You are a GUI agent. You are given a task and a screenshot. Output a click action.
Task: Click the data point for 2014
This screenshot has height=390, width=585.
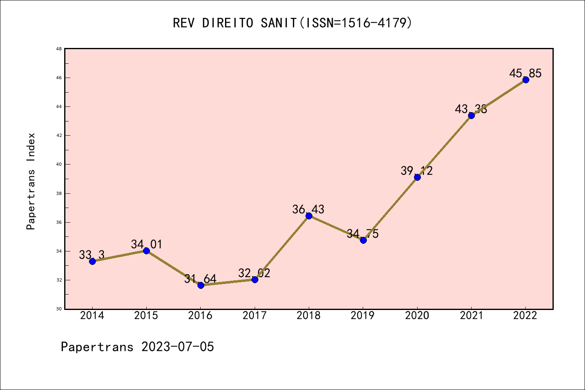(x=92, y=261)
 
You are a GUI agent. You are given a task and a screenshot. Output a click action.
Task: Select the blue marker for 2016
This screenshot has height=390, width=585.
(x=201, y=285)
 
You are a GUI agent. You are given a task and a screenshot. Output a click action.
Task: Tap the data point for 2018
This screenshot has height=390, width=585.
(x=309, y=216)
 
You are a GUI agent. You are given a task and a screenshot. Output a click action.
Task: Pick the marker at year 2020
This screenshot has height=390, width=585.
(x=417, y=177)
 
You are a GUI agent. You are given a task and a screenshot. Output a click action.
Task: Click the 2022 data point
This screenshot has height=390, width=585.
(x=526, y=80)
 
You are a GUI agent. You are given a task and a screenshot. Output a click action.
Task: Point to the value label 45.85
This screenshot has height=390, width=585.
(x=525, y=74)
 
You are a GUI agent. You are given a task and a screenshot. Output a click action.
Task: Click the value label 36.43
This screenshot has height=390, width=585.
(x=308, y=210)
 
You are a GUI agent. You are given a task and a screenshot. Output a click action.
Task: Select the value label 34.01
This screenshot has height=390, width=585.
(x=146, y=245)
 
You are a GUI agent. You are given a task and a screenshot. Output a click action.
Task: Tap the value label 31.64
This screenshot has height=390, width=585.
(x=200, y=279)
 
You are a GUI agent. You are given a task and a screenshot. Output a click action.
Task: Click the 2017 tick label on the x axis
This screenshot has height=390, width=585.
(x=255, y=316)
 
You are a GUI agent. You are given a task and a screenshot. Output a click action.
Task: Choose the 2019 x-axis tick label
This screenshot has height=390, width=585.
(x=363, y=316)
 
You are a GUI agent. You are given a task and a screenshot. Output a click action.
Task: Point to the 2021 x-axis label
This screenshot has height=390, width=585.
(x=471, y=316)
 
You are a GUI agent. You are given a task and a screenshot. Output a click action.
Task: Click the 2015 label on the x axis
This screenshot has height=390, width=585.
(x=146, y=316)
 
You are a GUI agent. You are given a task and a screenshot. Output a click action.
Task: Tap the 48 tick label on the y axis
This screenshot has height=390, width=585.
(x=59, y=49)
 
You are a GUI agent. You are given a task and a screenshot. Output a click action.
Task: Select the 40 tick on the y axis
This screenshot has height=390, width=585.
(x=59, y=165)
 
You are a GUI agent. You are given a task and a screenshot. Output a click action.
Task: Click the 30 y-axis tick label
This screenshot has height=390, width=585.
(x=59, y=309)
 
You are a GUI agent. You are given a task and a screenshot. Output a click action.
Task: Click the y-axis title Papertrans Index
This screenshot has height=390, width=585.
(x=31, y=181)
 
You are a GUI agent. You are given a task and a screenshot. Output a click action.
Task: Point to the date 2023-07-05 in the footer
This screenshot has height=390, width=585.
(x=178, y=347)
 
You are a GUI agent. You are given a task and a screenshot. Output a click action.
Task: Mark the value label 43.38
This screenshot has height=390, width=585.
(x=471, y=109)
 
